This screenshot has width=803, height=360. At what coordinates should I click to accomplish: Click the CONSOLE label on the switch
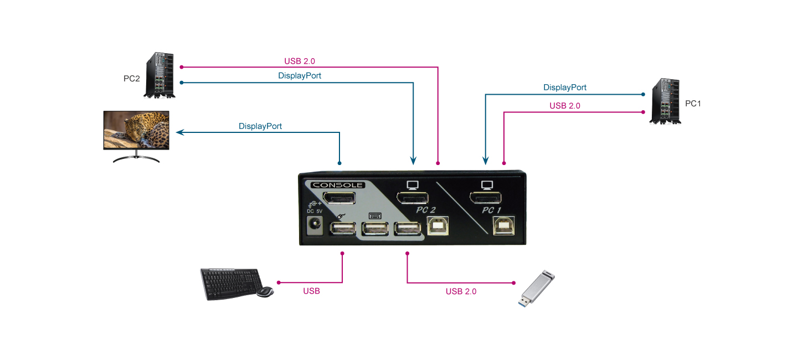coord(337,185)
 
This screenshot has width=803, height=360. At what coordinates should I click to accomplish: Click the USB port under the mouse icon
coord(342,230)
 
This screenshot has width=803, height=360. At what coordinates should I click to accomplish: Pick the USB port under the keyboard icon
coord(375,230)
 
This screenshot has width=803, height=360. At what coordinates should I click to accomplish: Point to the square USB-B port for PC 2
coord(438,226)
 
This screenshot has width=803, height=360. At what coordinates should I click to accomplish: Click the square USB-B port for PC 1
coord(505,226)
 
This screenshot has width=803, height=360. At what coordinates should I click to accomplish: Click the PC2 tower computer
coord(161,76)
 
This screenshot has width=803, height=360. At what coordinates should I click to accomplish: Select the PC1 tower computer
coord(665,101)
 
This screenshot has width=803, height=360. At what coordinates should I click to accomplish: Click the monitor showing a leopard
coord(136,131)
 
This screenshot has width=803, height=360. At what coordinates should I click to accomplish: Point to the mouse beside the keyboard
coord(265,292)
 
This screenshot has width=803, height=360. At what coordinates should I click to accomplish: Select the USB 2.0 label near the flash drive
coord(461,291)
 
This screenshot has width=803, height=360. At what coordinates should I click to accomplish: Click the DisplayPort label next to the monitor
coord(260,126)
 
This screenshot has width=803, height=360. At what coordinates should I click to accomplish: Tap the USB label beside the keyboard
coord(311,291)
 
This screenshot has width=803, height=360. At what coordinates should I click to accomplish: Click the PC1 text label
coord(693,104)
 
